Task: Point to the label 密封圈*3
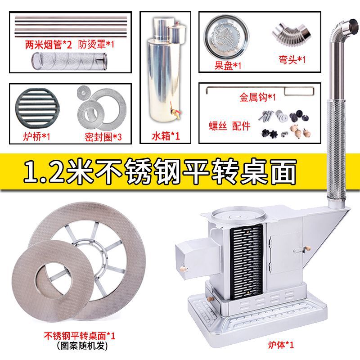(103, 136)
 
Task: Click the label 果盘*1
(228, 65)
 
